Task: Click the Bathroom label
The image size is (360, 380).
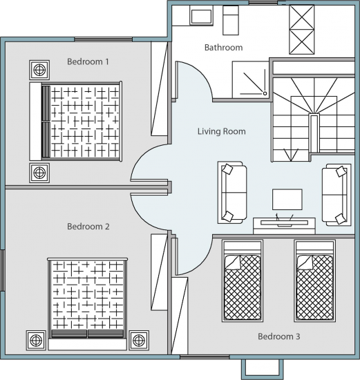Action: (x=223, y=48)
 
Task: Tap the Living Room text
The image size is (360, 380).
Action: (x=222, y=131)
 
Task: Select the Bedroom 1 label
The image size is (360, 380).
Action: (x=88, y=61)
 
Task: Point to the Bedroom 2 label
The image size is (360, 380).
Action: (x=88, y=227)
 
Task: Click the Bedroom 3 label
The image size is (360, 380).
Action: (x=278, y=336)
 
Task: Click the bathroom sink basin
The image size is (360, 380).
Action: (x=201, y=17)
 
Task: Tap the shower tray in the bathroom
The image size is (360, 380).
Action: (x=251, y=79)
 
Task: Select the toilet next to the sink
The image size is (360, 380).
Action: (x=231, y=20)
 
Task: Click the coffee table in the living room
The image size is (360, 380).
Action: (x=287, y=200)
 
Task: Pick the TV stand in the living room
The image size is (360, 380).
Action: (x=285, y=226)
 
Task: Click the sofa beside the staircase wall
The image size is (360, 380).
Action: (x=337, y=195)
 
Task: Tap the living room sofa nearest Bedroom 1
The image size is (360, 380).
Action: (x=232, y=193)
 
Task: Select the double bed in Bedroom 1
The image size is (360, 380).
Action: (x=75, y=122)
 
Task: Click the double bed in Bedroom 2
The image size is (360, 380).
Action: (x=88, y=304)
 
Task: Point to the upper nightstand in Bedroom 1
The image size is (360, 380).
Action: (x=39, y=70)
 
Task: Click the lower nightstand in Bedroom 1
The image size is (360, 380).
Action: (x=39, y=173)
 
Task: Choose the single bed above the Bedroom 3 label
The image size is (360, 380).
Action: (x=314, y=281)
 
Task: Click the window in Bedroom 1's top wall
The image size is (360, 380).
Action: (x=103, y=39)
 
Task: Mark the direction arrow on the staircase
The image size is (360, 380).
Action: (x=291, y=155)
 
